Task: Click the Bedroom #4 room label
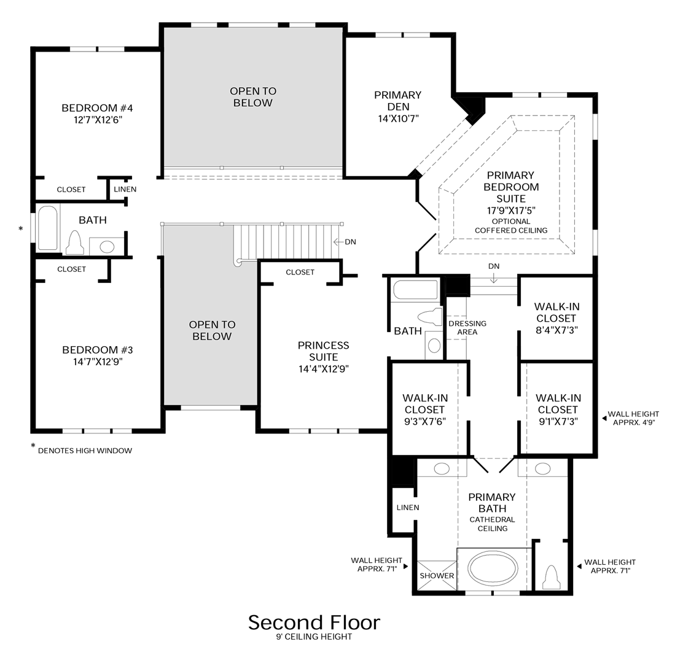pos(97,108)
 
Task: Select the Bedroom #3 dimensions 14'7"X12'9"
pos(97,362)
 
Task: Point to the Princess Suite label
pos(323,351)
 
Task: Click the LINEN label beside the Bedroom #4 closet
pos(125,190)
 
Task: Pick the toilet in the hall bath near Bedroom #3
pos(75,243)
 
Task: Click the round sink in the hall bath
pos(107,247)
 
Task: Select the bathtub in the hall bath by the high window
pos(48,228)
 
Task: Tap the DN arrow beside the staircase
pos(345,242)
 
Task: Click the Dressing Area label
pos(467,328)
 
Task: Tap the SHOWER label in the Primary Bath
pos(437,576)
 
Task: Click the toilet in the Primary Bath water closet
pos(551,577)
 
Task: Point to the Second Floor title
pos(314,622)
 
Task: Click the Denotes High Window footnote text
pos(85,451)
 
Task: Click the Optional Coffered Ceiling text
pos(510,226)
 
